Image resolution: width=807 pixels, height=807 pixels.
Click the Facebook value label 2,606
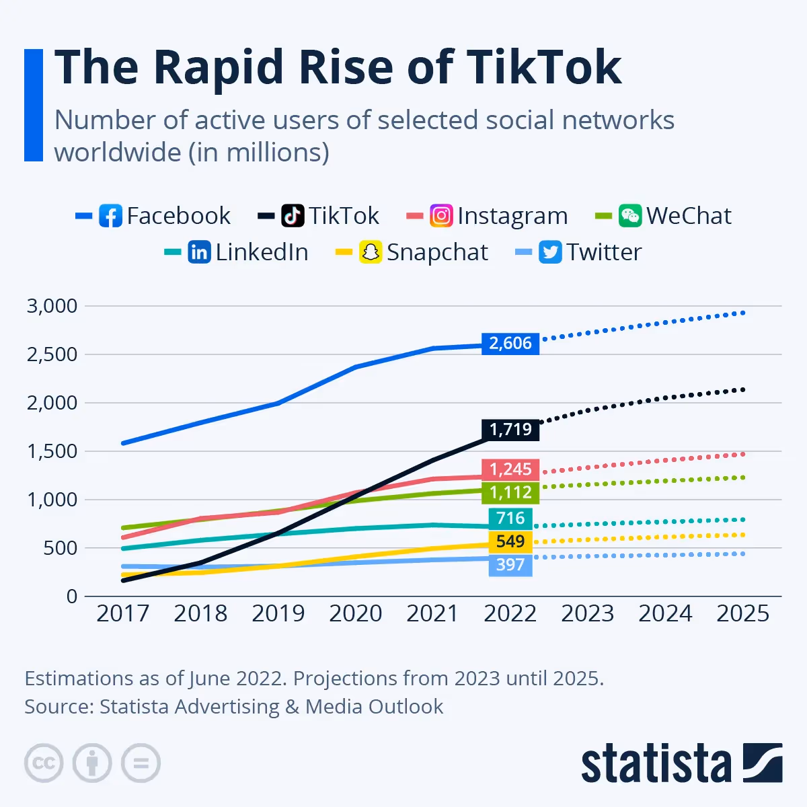coord(510,343)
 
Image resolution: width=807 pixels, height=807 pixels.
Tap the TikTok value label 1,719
coord(510,429)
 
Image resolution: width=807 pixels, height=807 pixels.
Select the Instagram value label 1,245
coord(510,469)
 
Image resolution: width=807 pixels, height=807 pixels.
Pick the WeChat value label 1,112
coord(510,492)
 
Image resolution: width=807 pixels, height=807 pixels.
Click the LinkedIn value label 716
coord(510,518)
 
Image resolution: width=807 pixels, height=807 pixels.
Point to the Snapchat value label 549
coord(510,541)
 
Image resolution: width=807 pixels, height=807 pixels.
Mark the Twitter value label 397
coord(510,565)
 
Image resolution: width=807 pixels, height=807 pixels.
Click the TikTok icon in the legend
coord(293,216)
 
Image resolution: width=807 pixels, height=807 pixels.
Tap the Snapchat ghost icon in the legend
coord(371,252)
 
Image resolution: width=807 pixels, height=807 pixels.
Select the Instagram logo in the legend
coord(441,216)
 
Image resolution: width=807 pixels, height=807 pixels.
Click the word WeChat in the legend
coord(689,216)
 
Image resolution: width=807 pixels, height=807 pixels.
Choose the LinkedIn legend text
coord(262,252)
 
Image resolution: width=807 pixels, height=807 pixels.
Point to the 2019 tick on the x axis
coord(278,613)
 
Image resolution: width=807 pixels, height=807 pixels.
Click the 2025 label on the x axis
coord(742,613)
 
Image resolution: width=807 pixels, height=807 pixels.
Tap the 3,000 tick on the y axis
coord(52,306)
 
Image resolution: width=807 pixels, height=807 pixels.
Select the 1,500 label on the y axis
coord(52,451)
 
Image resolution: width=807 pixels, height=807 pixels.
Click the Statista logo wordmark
coord(656,764)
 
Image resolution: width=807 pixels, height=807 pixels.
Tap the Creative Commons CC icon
coord(44,763)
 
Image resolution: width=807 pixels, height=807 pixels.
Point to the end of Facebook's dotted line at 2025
coord(742,313)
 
